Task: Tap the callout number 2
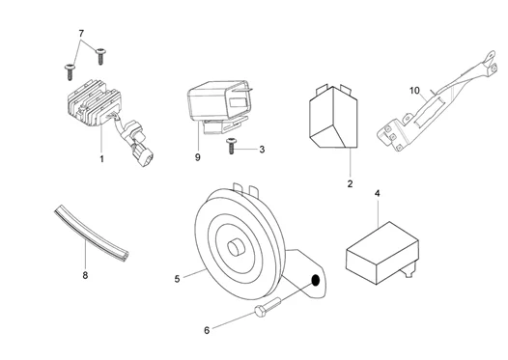350,182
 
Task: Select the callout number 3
261,150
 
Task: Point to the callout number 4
378,194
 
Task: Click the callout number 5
178,281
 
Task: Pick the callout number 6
206,330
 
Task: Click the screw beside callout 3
232,147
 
